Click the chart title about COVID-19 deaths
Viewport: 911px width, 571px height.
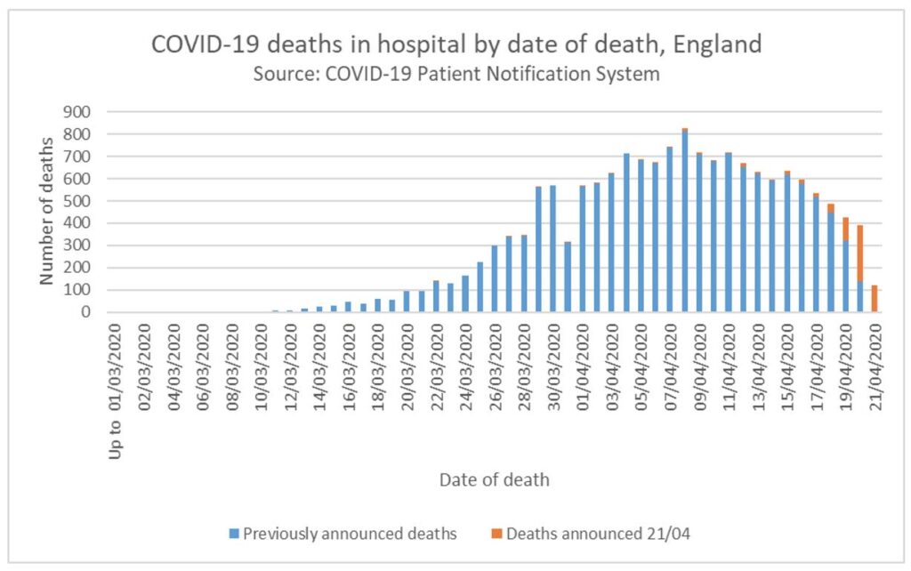[x=455, y=44]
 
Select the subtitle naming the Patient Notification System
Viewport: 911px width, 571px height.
[x=455, y=74]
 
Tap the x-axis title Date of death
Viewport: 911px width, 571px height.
[x=494, y=480]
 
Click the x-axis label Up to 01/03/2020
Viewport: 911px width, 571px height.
[x=115, y=382]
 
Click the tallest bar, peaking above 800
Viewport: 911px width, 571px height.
[x=685, y=222]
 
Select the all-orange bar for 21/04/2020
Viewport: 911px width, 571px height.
[x=875, y=299]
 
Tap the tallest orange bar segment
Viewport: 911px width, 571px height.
[x=860, y=253]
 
